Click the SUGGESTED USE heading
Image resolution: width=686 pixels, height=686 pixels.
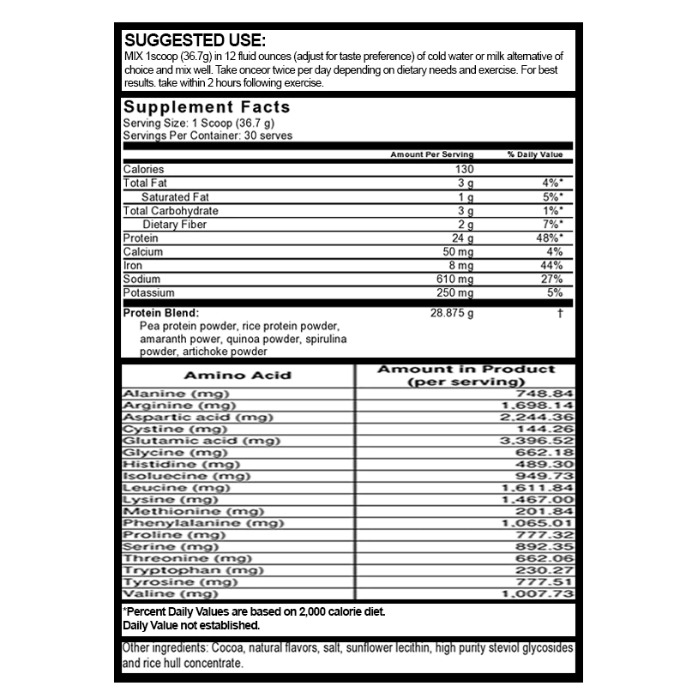pyautogui.click(x=195, y=40)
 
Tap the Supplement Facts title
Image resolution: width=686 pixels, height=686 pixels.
pyautogui.click(x=207, y=108)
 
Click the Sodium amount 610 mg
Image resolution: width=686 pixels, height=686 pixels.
pyautogui.click(x=454, y=280)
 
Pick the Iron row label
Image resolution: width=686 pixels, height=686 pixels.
pyautogui.click(x=132, y=266)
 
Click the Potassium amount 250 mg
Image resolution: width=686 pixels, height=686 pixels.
pyautogui.click(x=454, y=293)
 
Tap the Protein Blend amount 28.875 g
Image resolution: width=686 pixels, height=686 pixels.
pyautogui.click(x=451, y=313)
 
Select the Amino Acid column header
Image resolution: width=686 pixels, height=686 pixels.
pyautogui.click(x=238, y=375)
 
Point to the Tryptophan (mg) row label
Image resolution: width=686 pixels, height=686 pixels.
pyautogui.click(x=193, y=570)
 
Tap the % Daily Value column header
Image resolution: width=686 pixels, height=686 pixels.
pyautogui.click(x=534, y=155)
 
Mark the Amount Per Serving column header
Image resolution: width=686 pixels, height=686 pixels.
pyautogui.click(x=431, y=155)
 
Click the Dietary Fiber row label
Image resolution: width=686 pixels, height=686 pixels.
pyautogui.click(x=174, y=225)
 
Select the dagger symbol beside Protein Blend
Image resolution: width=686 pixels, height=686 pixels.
pyautogui.click(x=559, y=313)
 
